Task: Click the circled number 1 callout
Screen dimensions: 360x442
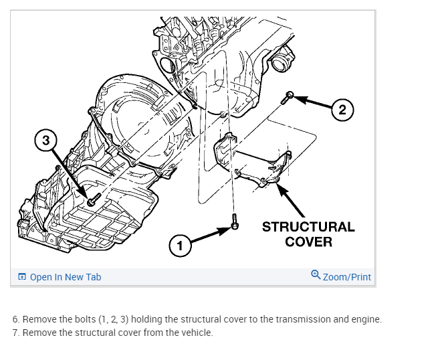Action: click(x=178, y=246)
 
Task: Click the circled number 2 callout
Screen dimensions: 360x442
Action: click(x=342, y=110)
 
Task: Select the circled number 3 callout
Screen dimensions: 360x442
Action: click(x=45, y=141)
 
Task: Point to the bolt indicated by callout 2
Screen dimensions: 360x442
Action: click(x=289, y=96)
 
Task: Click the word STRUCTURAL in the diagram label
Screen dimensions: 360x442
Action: click(x=308, y=227)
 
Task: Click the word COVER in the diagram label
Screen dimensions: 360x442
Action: click(x=308, y=242)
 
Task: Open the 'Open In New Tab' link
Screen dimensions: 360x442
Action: click(x=66, y=276)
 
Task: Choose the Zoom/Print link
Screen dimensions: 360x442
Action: click(x=346, y=276)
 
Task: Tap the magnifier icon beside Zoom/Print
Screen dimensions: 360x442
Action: click(x=316, y=275)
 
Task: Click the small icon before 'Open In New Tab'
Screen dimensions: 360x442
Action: click(x=22, y=276)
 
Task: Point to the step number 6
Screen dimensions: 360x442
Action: click(x=15, y=319)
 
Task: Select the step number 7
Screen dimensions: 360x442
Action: click(x=15, y=333)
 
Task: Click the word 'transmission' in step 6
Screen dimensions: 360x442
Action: click(x=290, y=319)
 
